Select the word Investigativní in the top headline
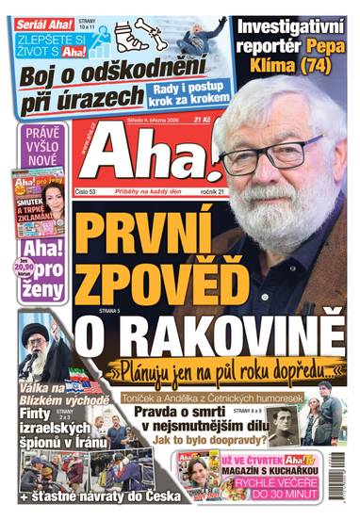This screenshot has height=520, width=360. click(294, 25)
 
